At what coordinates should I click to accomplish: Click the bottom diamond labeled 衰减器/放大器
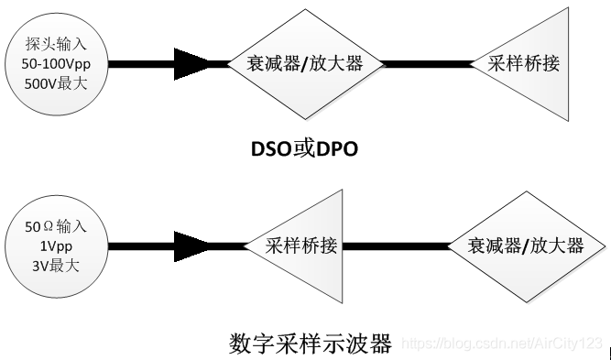(x=526, y=245)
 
